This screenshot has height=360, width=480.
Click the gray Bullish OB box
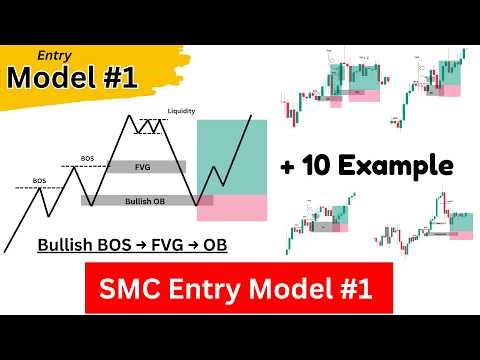tap(139, 200)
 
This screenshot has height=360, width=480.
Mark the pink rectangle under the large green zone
tap(232, 208)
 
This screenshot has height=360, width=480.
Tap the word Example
tap(401, 164)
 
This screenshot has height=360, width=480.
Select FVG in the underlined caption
tap(173, 244)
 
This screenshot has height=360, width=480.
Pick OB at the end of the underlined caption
tap(216, 244)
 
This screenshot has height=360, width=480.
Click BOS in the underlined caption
tap(121, 244)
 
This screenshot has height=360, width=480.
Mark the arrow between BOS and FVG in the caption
tap(147, 244)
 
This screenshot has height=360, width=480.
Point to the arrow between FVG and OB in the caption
tap(196, 244)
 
